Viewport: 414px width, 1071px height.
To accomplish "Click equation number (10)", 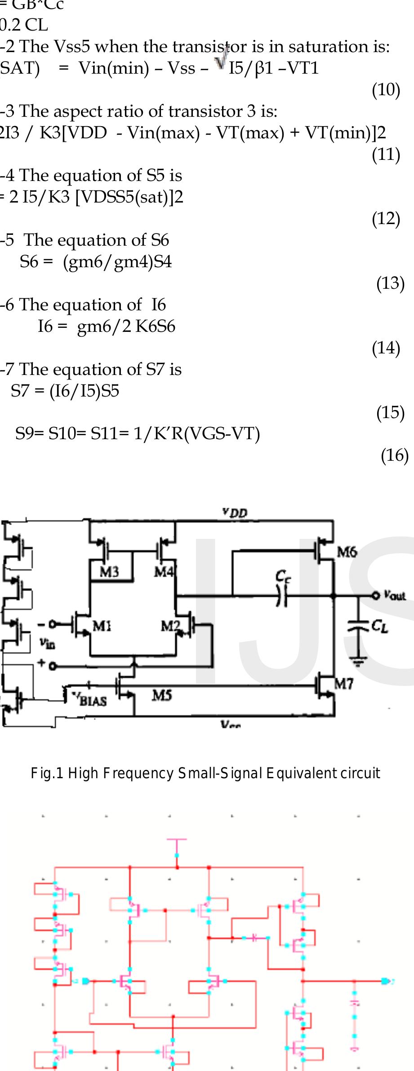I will point(386,90).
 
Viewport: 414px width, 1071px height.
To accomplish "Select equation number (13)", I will point(390,283).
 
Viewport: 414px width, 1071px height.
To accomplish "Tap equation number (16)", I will point(394,455).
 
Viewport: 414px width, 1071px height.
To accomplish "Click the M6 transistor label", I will point(347,552).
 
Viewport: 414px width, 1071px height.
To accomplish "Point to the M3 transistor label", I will point(109,572).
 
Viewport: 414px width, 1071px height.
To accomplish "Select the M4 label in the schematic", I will point(164,572).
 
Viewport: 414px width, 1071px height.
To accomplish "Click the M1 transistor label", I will point(102,626).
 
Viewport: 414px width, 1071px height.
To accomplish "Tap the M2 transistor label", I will point(170,626).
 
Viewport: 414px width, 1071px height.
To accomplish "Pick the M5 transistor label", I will point(161,696).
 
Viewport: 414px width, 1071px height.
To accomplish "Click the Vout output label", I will point(394,595).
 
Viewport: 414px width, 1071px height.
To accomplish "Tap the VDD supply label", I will point(235,512).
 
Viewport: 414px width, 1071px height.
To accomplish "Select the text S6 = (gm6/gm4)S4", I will point(96,261).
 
